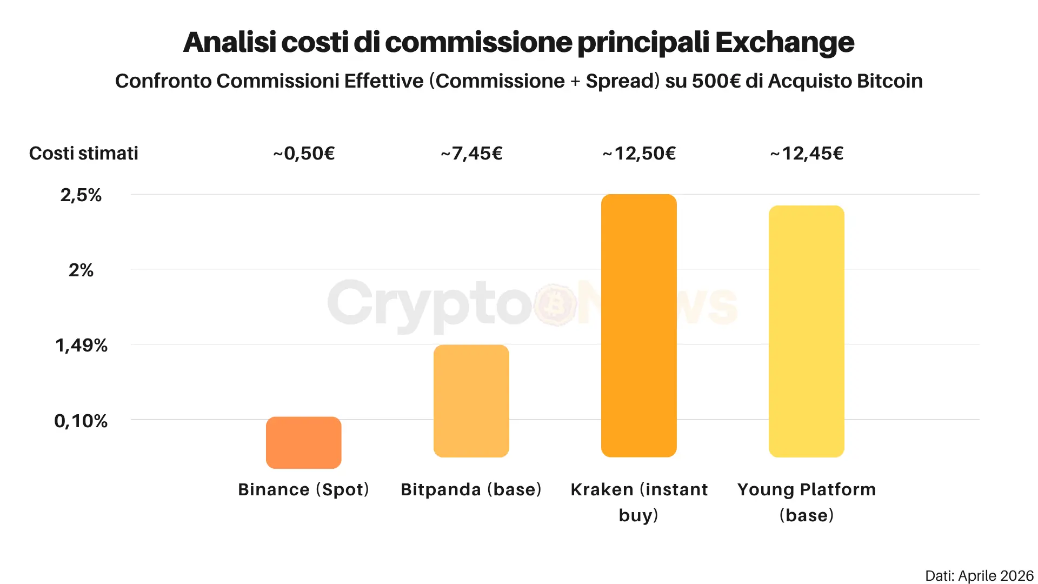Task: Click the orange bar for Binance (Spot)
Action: pyautogui.click(x=303, y=442)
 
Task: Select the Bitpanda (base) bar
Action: pyautogui.click(x=471, y=401)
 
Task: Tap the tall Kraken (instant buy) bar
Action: pyautogui.click(x=638, y=326)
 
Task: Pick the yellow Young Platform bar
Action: pyautogui.click(x=806, y=331)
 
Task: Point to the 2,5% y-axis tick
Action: pyautogui.click(x=81, y=195)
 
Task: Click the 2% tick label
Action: pyautogui.click(x=81, y=270)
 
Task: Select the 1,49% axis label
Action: pyautogui.click(x=81, y=345)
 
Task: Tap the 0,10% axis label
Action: pyautogui.click(x=81, y=421)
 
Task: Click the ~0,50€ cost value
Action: pyautogui.click(x=304, y=154)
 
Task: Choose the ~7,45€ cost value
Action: pyautogui.click(x=471, y=154)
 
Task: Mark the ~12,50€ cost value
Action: pyautogui.click(x=639, y=154)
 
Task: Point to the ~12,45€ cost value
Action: pyautogui.click(x=807, y=154)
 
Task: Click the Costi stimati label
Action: pyautogui.click(x=84, y=154)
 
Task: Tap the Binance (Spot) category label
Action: pyautogui.click(x=303, y=489)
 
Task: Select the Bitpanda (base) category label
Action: pyautogui.click(x=471, y=489)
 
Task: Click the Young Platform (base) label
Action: pyautogui.click(x=806, y=502)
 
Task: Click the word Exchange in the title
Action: pyautogui.click(x=784, y=42)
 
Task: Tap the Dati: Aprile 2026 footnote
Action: pyautogui.click(x=979, y=575)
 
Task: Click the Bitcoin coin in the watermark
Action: pyautogui.click(x=555, y=304)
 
